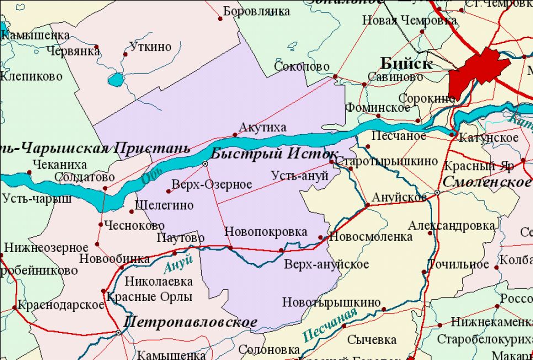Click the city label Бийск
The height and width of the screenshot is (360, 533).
(x=407, y=63)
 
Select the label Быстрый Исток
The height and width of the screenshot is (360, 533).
(x=274, y=154)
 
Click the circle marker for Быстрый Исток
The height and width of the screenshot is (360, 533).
(x=205, y=164)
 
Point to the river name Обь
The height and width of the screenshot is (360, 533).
(x=149, y=177)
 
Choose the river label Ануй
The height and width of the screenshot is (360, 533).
(x=178, y=264)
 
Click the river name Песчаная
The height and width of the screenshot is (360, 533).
(x=329, y=326)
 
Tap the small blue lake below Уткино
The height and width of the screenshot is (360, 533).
(x=116, y=80)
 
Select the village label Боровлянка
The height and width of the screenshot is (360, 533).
(x=257, y=11)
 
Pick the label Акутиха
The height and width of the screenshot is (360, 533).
(x=262, y=128)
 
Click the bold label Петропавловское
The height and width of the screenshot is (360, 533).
(x=190, y=322)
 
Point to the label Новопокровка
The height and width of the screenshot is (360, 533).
(x=265, y=232)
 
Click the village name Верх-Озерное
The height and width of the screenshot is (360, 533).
(x=212, y=185)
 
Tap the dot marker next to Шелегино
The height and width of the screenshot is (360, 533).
(x=131, y=211)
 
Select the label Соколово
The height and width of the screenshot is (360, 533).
(x=302, y=67)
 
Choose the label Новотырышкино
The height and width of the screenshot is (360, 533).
(x=331, y=302)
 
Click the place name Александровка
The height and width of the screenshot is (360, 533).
(x=451, y=225)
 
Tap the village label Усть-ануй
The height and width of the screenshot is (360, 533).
(x=300, y=175)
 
